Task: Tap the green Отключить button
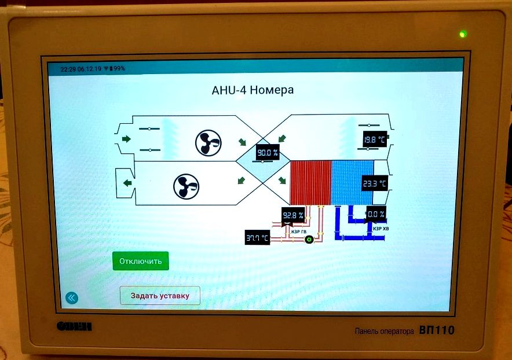coord(140,261)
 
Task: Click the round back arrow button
coord(71,297)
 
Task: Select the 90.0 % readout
coord(268,153)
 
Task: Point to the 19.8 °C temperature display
coord(374,139)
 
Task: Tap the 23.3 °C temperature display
coord(374,184)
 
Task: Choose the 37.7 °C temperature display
coord(257,237)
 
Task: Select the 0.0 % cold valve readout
coord(375,214)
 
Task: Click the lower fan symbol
coord(186,186)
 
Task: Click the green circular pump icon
coord(309,239)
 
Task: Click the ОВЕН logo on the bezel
coord(74,326)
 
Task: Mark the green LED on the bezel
coord(462,34)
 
